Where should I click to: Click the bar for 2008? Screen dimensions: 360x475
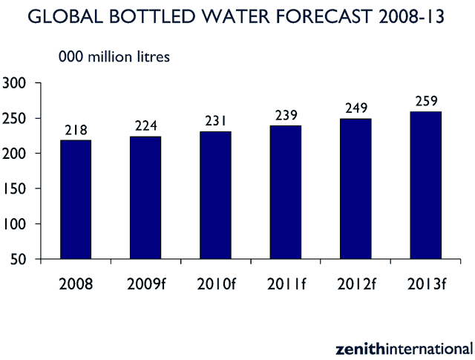pyautogui.click(x=76, y=200)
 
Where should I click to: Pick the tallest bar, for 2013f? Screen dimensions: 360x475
pyautogui.click(x=427, y=185)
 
